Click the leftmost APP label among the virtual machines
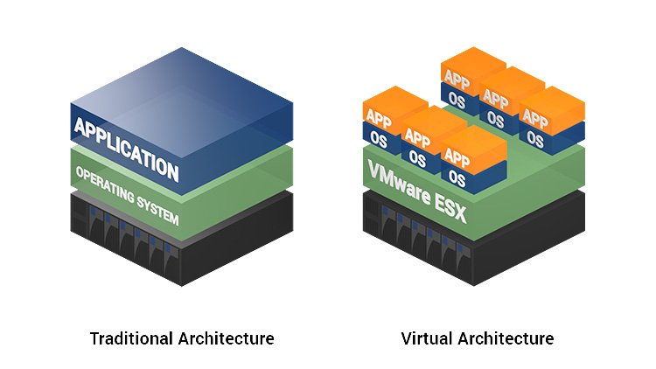(379, 117)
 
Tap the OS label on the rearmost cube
(455, 99)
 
